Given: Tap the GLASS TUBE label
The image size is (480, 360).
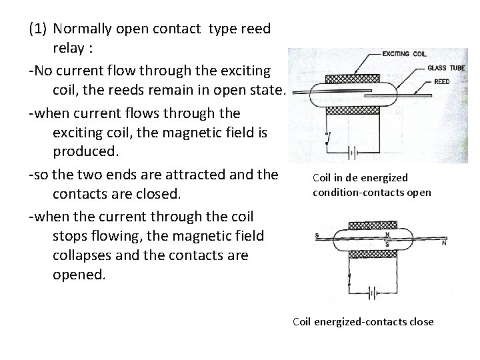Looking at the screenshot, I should (446, 68).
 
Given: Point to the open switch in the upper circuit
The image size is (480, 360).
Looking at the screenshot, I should (326, 139).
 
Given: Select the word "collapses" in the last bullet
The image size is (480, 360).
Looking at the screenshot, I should (81, 255).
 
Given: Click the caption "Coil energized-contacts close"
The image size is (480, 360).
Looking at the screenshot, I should (363, 322).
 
